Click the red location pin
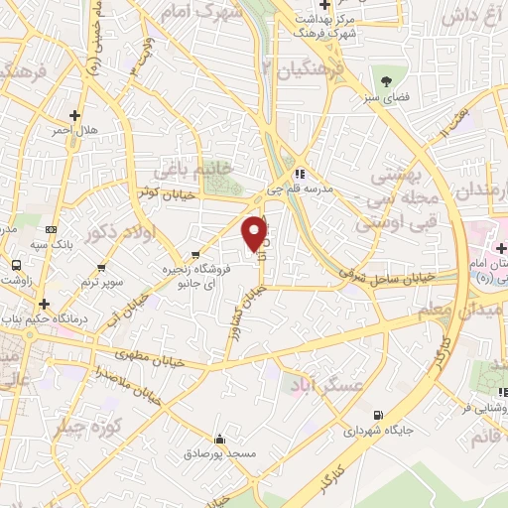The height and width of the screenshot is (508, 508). tap(255, 232)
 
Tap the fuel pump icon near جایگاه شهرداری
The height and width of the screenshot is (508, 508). tap(376, 415)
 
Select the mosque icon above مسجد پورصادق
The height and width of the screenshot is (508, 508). tap(219, 439)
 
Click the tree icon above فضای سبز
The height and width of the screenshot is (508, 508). tap(385, 78)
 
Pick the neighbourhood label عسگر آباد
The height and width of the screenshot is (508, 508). tap(319, 385)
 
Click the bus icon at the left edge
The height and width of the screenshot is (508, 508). tap(16, 266)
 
